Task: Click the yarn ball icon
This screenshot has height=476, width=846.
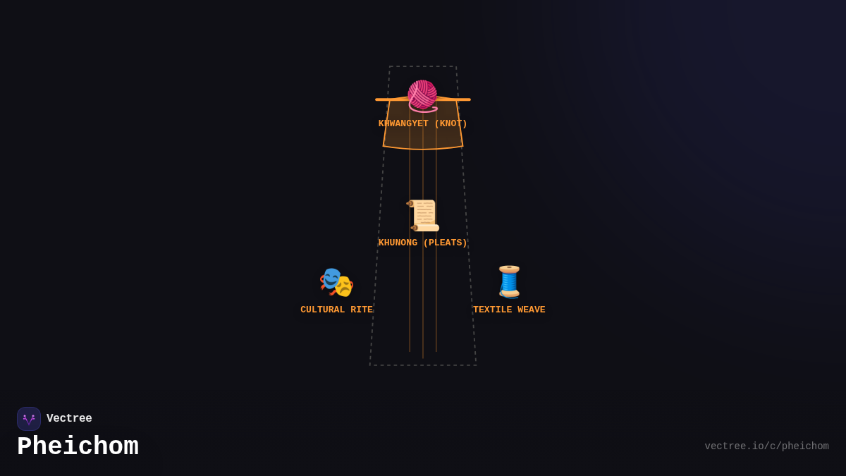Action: [422, 94]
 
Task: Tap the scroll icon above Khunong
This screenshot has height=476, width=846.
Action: [423, 215]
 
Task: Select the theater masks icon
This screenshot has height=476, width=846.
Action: [336, 282]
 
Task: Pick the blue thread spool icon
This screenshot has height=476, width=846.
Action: [509, 281]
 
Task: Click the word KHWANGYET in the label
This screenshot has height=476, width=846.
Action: [403, 124]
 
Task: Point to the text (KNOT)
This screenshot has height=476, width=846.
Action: [450, 124]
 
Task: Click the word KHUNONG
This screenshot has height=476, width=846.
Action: [398, 243]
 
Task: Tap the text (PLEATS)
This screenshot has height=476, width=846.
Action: [445, 243]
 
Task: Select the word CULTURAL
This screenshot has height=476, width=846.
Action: [323, 310]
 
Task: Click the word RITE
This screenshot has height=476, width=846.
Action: [362, 310]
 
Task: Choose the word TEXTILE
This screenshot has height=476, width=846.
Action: [493, 310]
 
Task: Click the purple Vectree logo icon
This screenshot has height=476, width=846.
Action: [29, 419]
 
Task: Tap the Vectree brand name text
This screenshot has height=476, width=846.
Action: [69, 419]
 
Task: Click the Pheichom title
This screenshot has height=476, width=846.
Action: [78, 447]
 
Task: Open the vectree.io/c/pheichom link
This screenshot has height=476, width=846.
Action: [766, 446]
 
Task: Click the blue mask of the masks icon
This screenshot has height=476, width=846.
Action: [330, 277]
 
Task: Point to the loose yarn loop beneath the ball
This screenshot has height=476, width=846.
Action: [423, 109]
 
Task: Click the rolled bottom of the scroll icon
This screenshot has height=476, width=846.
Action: [426, 228]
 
